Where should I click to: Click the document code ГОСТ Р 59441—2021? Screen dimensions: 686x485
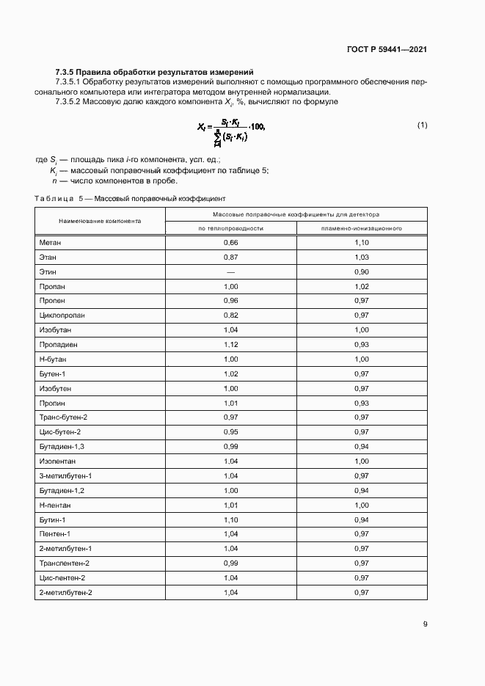386,50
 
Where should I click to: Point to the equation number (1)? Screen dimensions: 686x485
422,125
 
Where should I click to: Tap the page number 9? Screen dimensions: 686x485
425,624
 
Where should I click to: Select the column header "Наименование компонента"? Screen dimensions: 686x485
101,221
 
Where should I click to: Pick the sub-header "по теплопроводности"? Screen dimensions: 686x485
231,228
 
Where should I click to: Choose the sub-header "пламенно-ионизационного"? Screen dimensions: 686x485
361,228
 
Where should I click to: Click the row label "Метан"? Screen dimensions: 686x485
50,242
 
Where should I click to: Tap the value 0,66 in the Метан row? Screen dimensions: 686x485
231,242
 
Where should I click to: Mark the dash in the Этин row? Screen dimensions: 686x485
231,271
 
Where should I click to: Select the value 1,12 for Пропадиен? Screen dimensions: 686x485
231,344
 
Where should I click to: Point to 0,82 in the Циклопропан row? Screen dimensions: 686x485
231,315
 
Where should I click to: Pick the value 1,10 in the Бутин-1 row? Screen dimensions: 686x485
231,519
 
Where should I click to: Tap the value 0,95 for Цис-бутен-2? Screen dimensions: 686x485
231,432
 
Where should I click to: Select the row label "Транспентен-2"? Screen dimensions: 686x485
65,563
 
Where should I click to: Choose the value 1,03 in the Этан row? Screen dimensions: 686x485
361,257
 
